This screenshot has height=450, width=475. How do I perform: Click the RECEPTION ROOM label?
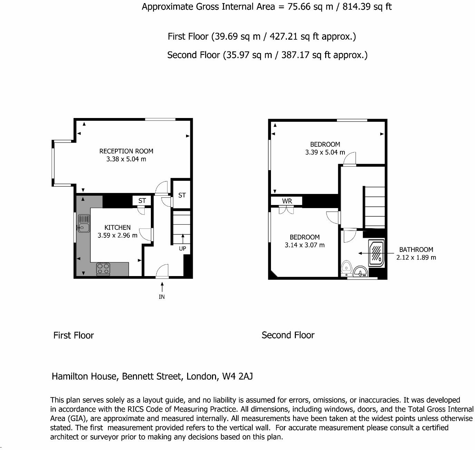[126, 151]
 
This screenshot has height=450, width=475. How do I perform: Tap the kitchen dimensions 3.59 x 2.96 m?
[117, 236]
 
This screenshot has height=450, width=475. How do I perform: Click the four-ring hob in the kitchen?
[103, 269]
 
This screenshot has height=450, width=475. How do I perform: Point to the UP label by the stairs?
[182, 248]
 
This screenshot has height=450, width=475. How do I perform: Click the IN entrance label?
[162, 297]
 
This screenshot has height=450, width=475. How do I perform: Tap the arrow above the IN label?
[162, 286]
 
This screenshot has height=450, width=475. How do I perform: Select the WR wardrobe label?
[287, 201]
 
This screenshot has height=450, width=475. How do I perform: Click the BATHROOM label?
[416, 250]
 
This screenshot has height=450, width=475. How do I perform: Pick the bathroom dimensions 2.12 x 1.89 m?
[416, 257]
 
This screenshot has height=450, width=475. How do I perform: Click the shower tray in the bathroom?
[376, 254]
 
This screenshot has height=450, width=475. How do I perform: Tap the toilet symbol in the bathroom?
[346, 268]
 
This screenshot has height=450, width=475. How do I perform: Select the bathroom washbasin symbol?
[361, 272]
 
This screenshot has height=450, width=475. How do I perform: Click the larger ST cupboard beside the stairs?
[182, 195]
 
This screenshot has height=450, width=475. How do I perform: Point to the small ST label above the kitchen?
[142, 200]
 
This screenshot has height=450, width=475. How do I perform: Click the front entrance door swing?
[162, 271]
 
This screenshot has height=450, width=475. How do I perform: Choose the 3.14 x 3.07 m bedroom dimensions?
[304, 245]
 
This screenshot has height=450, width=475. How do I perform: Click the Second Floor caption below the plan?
[288, 335]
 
